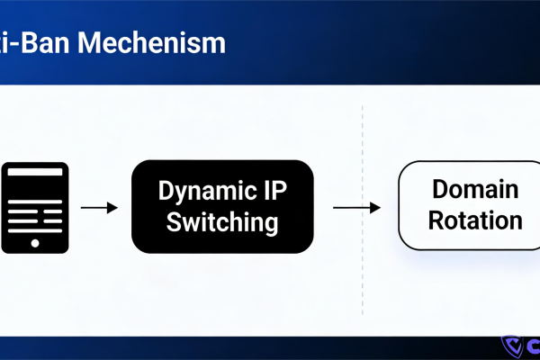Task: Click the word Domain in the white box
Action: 474,190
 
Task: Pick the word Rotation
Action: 474,220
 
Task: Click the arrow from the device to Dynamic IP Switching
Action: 99,208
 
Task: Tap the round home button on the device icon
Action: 35,243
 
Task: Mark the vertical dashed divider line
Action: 362,207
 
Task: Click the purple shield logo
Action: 511,348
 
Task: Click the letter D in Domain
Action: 439,190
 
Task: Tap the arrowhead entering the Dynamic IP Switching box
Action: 113,208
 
